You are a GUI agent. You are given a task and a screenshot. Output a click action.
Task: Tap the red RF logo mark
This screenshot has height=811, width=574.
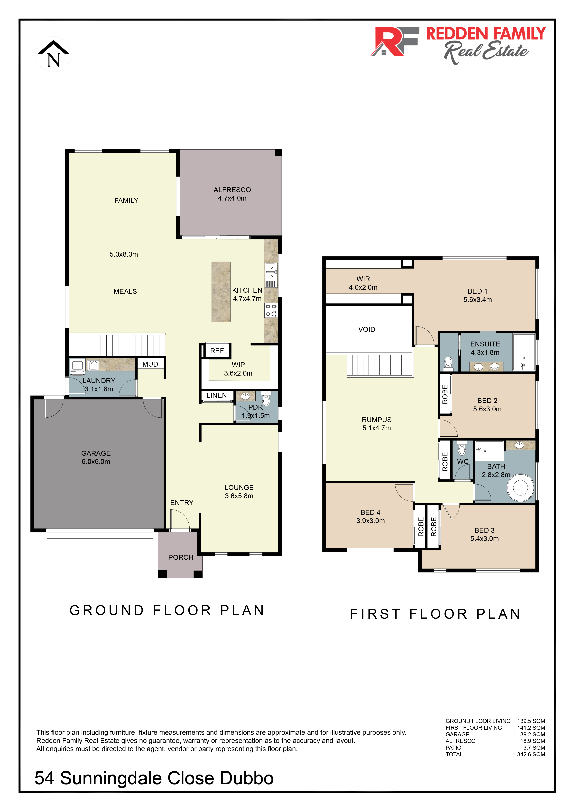394,41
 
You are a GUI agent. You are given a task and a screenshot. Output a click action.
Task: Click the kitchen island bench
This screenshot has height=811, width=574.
221,292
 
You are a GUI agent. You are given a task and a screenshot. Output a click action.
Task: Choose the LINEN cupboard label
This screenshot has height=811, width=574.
217,395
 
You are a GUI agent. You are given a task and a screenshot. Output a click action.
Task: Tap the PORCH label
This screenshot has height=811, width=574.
181,557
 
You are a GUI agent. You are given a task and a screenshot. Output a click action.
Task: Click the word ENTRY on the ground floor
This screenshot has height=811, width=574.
182,503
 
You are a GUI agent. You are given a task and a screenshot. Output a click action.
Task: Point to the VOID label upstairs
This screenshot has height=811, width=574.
367,329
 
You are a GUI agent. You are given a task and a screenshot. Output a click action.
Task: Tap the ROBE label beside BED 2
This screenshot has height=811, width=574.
445,394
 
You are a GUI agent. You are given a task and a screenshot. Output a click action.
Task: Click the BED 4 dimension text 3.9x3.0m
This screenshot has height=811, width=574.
370,521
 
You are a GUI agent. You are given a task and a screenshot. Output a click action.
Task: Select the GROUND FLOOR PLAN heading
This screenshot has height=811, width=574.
167,610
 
